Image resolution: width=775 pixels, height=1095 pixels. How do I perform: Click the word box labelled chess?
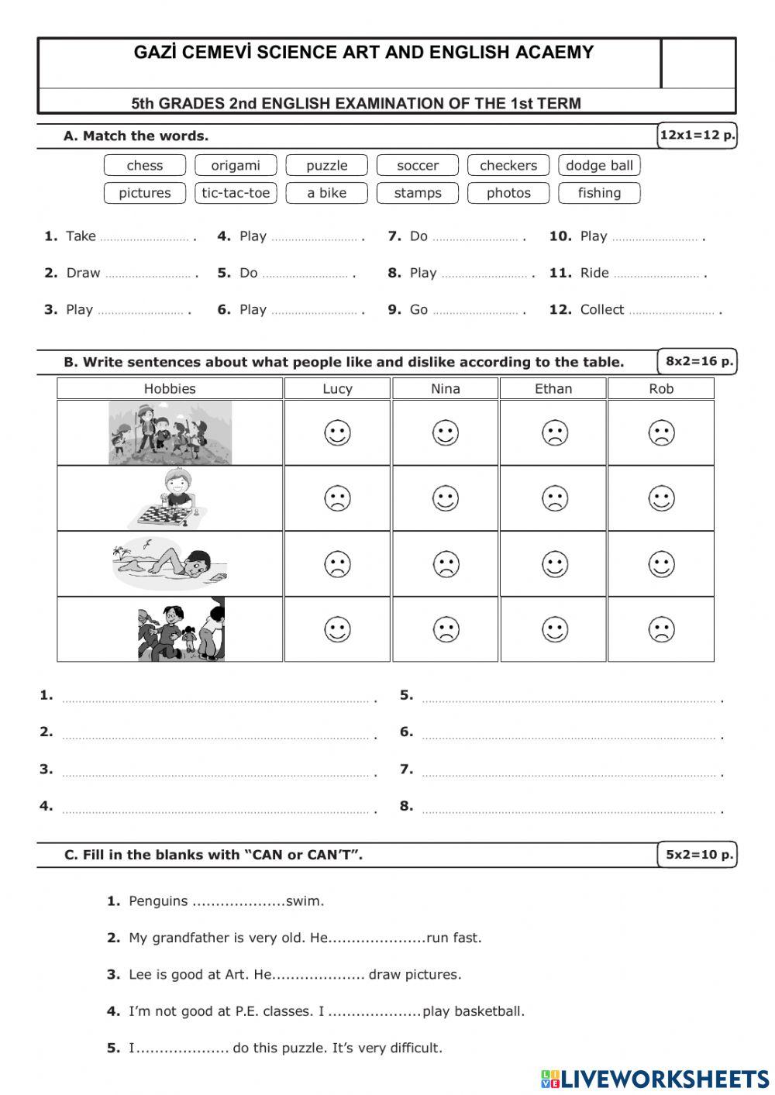click(145, 165)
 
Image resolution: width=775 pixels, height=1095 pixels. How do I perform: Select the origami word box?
click(236, 165)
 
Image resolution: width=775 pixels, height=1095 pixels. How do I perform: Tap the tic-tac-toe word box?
click(236, 193)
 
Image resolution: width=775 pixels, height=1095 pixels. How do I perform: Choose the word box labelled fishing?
click(599, 193)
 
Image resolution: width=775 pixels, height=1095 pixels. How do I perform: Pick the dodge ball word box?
click(599, 165)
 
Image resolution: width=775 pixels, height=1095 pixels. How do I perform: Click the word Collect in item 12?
click(601, 309)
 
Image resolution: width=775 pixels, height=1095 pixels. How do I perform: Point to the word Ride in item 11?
click(594, 273)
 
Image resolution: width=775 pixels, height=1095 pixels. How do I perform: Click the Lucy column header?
click(337, 389)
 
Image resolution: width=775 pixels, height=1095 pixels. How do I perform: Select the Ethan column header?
click(553, 389)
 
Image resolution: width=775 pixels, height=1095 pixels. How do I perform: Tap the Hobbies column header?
click(170, 389)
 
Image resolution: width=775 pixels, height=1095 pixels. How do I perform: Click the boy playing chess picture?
click(169, 499)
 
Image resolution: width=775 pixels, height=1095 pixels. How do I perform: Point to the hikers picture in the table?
click(170, 432)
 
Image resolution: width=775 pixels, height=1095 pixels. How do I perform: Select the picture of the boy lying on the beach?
click(170, 564)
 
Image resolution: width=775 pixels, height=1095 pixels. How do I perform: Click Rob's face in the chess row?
click(661, 498)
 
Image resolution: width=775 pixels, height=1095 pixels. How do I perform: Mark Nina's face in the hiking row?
click(446, 432)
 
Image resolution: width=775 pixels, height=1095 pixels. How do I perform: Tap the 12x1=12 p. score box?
click(697, 136)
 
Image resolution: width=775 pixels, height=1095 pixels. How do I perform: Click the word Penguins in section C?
click(158, 901)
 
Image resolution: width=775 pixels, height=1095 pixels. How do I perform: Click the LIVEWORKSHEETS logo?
click(655, 1078)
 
